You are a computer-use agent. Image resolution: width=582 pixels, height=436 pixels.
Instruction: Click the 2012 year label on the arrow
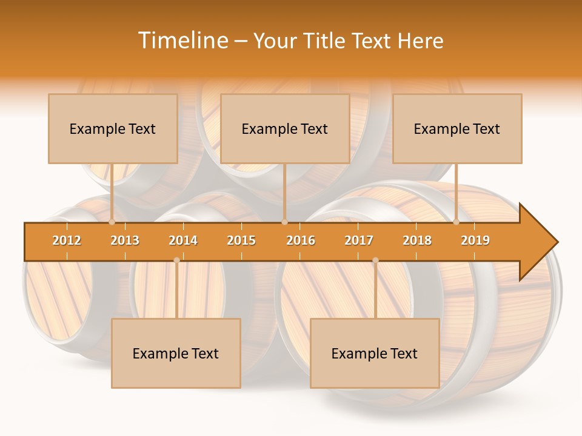pyautogui.click(x=67, y=240)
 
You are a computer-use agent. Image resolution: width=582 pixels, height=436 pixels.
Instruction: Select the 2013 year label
pyautogui.click(x=125, y=240)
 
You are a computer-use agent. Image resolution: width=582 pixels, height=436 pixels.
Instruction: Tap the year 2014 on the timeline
pyautogui.click(x=183, y=240)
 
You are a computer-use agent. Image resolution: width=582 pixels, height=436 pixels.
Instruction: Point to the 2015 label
pyautogui.click(x=241, y=240)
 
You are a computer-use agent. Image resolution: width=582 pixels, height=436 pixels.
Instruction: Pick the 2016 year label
pyautogui.click(x=301, y=240)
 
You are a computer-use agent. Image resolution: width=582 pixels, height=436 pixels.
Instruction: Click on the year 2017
pyautogui.click(x=359, y=240)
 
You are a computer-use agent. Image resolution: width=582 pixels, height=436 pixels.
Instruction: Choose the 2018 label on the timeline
pyautogui.click(x=417, y=240)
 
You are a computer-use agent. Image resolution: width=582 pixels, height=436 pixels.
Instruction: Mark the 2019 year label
pyautogui.click(x=475, y=240)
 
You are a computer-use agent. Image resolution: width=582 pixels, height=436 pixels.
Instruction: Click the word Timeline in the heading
pyautogui.click(x=182, y=41)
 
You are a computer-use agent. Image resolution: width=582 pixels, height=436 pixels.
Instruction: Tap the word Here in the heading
pyautogui.click(x=420, y=41)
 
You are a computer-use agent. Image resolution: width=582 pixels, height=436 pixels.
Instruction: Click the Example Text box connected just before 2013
pyautogui.click(x=113, y=128)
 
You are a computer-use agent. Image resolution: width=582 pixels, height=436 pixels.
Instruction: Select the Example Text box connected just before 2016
pyautogui.click(x=285, y=128)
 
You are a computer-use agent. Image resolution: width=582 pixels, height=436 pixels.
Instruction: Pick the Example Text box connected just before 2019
pyautogui.click(x=457, y=128)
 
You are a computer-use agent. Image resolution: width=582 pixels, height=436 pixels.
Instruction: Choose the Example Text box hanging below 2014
pyautogui.click(x=176, y=353)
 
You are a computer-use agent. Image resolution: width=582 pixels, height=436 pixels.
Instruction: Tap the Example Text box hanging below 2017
pyautogui.click(x=375, y=353)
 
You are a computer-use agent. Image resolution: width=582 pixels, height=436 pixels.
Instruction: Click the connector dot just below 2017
pyautogui.click(x=375, y=260)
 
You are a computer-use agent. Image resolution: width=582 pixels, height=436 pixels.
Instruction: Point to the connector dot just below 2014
pyautogui.click(x=176, y=260)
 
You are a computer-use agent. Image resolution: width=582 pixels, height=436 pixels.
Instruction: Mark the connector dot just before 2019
pyautogui.click(x=457, y=222)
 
